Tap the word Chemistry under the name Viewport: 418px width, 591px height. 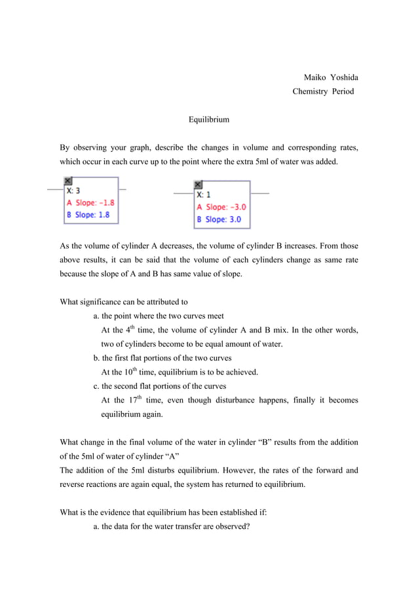tap(310, 92)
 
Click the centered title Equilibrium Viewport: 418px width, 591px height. tap(209, 120)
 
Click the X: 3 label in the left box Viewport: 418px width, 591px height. tap(73, 190)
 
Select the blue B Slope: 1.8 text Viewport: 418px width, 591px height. tap(87, 215)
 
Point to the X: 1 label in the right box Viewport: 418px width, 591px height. tap(204, 194)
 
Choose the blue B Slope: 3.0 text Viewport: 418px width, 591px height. tap(219, 219)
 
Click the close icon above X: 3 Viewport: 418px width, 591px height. tap(67, 181)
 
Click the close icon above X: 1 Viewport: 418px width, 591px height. tap(199, 185)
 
